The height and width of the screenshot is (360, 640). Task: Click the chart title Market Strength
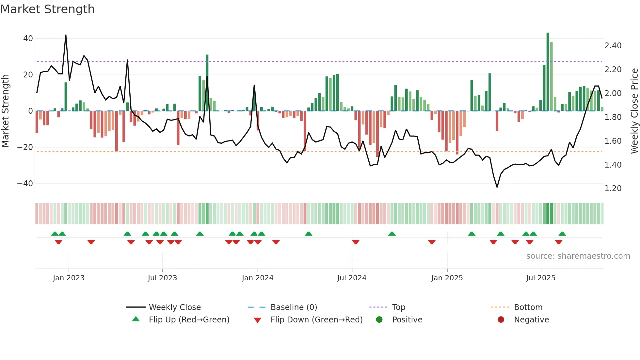coord(47,9)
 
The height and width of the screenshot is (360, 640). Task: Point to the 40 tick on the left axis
coord(28,39)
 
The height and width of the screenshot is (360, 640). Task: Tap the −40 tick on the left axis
coord(25,184)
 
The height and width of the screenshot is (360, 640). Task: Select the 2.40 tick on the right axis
coord(613,46)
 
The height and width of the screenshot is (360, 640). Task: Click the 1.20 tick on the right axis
coord(613,188)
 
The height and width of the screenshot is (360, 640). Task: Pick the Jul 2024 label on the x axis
coord(352,278)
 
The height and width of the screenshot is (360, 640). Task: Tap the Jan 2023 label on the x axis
coord(69,278)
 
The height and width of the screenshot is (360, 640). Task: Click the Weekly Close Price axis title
coord(634,111)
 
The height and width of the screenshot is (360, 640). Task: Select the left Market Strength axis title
coord(6,111)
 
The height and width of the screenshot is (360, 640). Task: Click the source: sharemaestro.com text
coord(578,256)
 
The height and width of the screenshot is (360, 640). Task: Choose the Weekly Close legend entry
coord(175,307)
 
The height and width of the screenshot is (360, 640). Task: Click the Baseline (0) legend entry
coord(294,307)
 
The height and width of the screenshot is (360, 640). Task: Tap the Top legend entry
coord(398,307)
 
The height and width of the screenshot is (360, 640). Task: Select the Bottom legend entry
coord(528,307)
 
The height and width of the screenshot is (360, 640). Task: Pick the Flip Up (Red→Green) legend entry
coord(189,320)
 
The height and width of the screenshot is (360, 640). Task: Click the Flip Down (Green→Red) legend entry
coord(316,320)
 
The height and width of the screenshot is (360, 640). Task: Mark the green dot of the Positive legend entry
coord(379,320)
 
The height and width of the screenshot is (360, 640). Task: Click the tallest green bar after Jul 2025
coord(548,72)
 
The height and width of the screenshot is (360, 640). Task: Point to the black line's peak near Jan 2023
coord(66,35)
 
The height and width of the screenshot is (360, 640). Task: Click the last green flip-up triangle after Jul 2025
coord(562,234)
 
